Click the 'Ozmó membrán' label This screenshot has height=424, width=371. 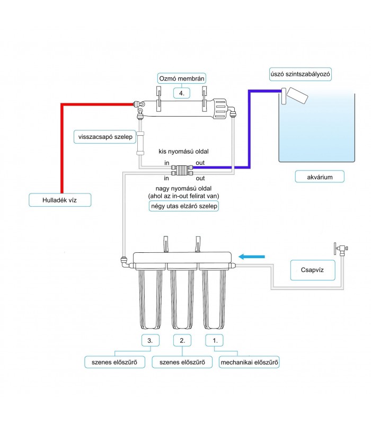[181, 78]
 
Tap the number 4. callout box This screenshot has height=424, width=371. [181, 93]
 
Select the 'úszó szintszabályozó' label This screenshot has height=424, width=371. [300, 74]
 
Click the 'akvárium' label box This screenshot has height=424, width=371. [320, 177]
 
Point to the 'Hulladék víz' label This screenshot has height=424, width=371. [60, 200]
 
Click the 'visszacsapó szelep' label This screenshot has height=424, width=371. [105, 137]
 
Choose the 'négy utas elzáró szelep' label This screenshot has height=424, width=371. [184, 206]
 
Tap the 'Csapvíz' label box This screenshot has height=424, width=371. [313, 270]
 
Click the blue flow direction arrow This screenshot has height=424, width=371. [252, 257]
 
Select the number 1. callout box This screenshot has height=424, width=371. [214, 340]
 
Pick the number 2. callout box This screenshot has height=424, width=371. [182, 340]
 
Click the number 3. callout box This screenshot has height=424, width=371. [151, 340]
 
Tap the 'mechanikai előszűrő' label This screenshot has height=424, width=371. [249, 363]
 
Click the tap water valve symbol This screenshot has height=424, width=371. [341, 249]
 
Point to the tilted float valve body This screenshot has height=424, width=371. [297, 95]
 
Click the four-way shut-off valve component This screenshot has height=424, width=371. [182, 170]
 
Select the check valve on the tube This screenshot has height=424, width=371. [140, 143]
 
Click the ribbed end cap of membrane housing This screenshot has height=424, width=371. [219, 109]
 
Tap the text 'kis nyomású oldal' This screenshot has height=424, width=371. [183, 152]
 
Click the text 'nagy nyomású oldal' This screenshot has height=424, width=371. [183, 189]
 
